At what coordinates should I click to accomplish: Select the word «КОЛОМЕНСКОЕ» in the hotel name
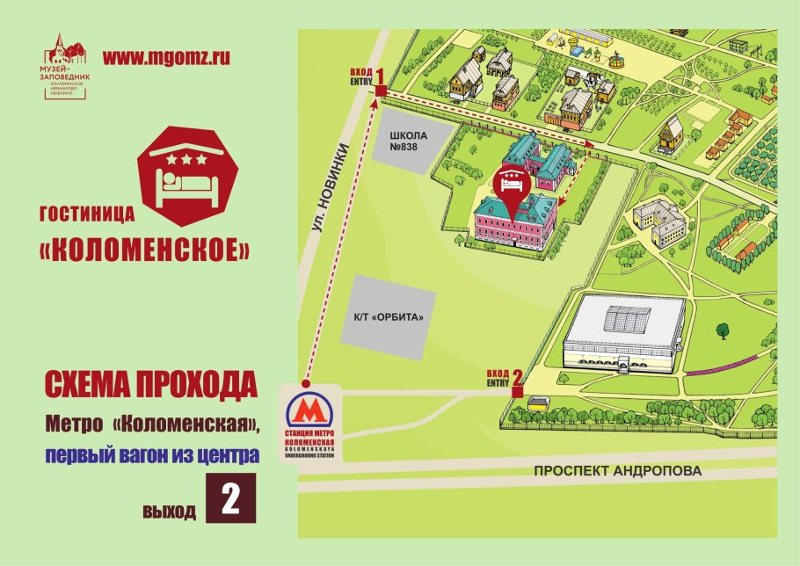[145, 249]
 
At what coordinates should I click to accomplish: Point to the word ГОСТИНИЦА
[86, 212]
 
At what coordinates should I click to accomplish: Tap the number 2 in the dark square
[231, 498]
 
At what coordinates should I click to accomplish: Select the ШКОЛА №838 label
[407, 141]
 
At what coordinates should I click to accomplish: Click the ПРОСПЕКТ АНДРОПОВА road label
[618, 471]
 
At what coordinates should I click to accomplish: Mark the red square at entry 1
[381, 90]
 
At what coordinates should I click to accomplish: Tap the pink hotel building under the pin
[514, 224]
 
